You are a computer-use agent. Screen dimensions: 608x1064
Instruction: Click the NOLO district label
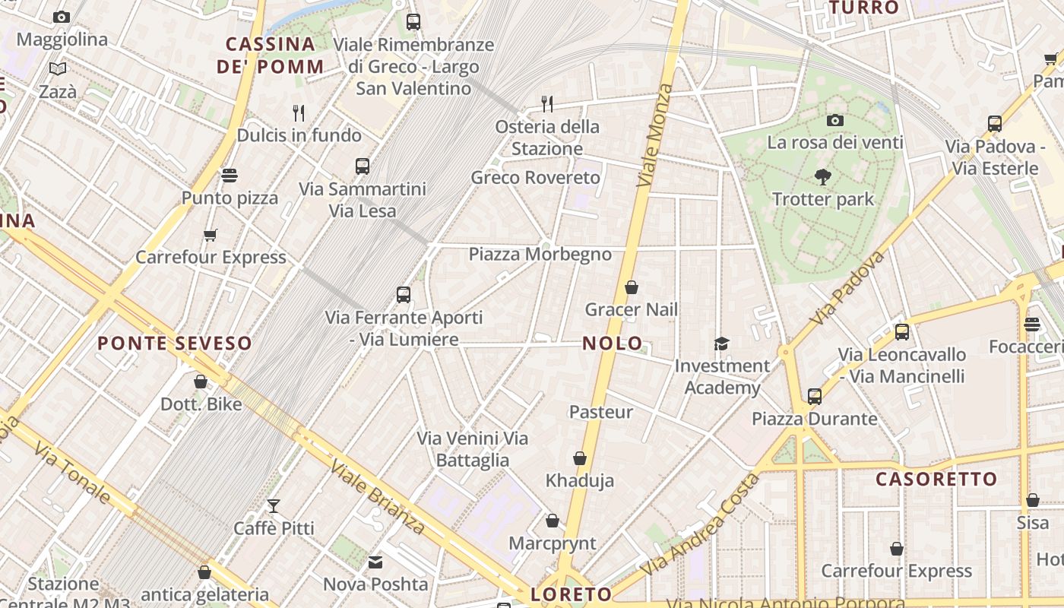coord(612,344)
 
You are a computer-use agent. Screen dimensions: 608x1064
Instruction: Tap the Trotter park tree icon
coord(822,177)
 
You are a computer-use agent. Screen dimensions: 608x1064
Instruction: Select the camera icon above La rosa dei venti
coord(834,120)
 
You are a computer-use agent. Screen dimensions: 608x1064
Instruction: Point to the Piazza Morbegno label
coord(540,254)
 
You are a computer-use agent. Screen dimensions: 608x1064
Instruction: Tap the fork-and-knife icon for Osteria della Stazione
coord(546,103)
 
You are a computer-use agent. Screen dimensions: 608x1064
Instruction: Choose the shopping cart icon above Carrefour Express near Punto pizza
coord(211,236)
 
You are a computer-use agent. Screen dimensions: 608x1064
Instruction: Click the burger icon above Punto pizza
coord(230,176)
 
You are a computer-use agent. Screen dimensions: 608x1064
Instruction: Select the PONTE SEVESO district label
coord(175,344)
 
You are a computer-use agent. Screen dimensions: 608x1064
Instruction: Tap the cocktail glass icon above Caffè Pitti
coord(273,505)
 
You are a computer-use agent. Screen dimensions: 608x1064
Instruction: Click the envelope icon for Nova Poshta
coord(375,562)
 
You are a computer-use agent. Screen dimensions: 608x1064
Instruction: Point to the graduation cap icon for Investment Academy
coord(721,344)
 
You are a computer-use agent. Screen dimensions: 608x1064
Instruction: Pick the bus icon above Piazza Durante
coord(815,396)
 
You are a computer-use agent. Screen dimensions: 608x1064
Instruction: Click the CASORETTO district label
coord(936,480)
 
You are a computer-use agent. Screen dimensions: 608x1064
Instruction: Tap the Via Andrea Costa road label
coord(700,525)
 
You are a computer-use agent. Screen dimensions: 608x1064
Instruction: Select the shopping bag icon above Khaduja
coord(580,458)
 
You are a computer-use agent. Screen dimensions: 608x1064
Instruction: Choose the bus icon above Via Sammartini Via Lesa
coord(363,166)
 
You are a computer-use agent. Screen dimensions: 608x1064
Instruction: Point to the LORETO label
coord(572,594)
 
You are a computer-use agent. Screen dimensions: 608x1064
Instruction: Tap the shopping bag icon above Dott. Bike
coord(201,382)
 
